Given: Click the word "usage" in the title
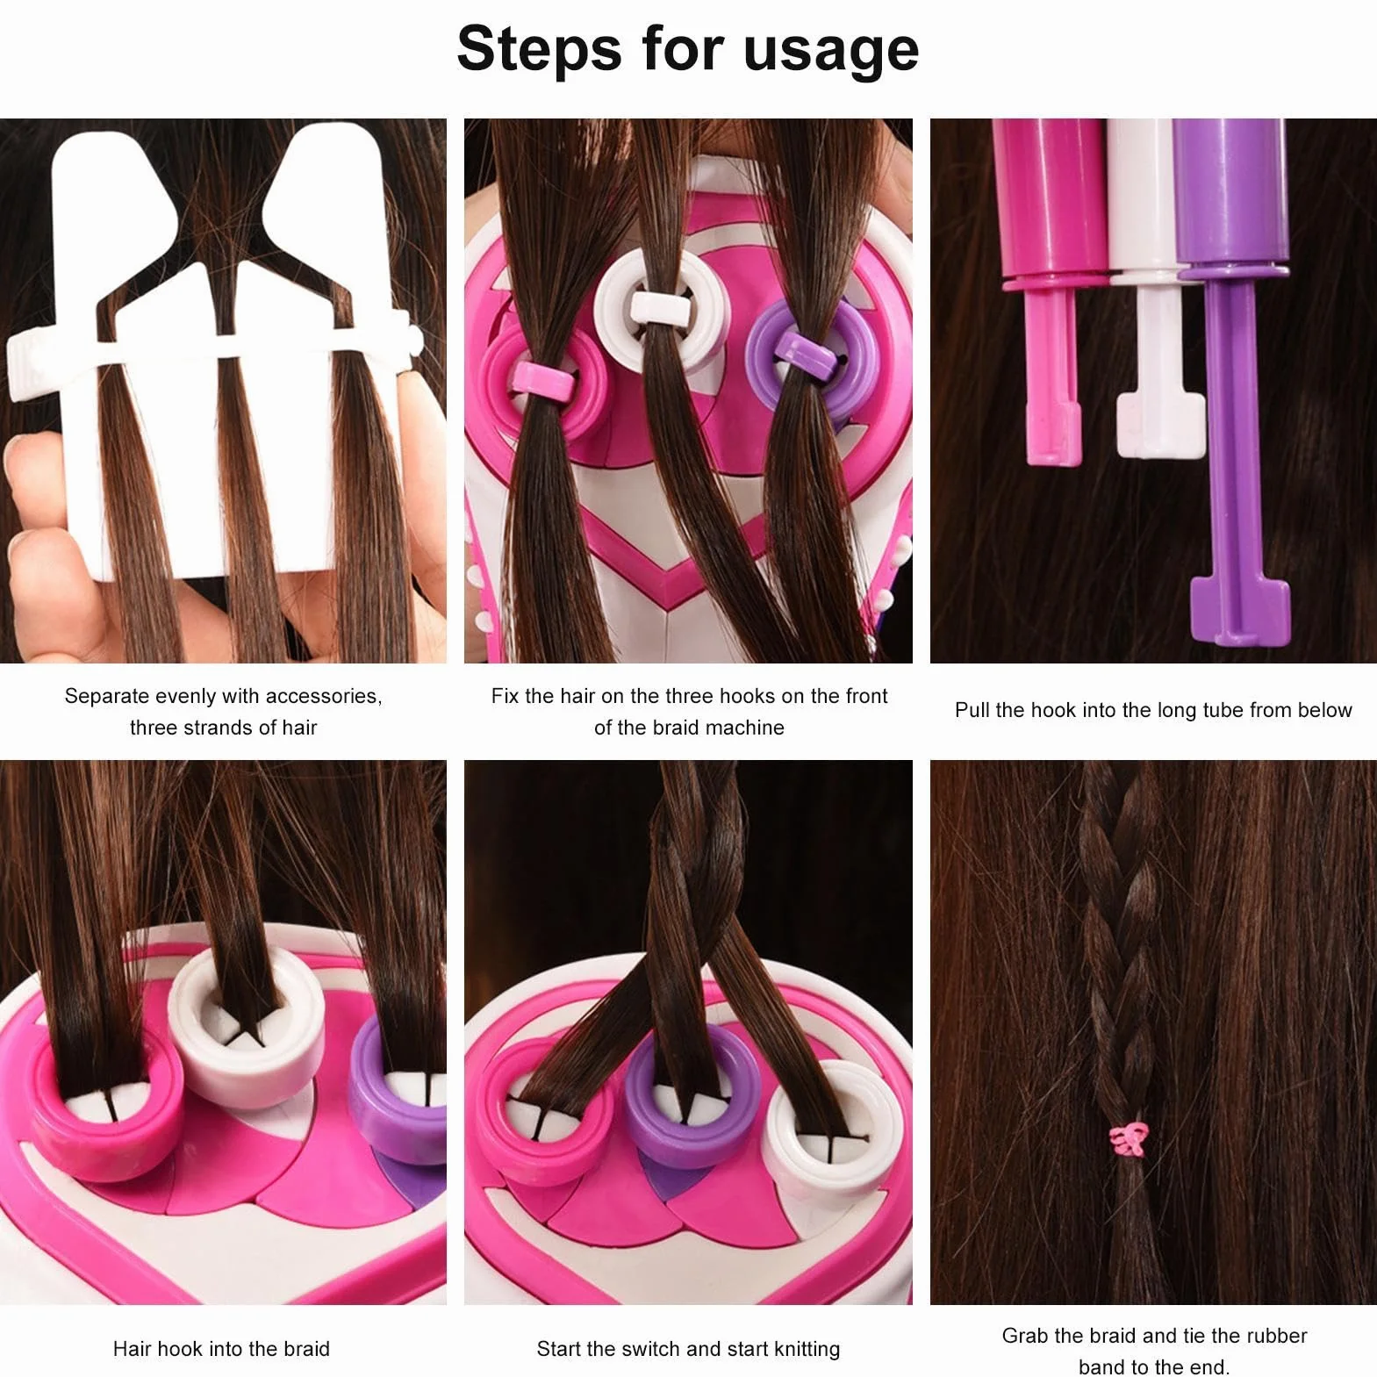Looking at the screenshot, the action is tap(830, 51).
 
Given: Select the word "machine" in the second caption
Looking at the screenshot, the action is tap(745, 728).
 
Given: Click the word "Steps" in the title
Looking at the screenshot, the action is tap(539, 50).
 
